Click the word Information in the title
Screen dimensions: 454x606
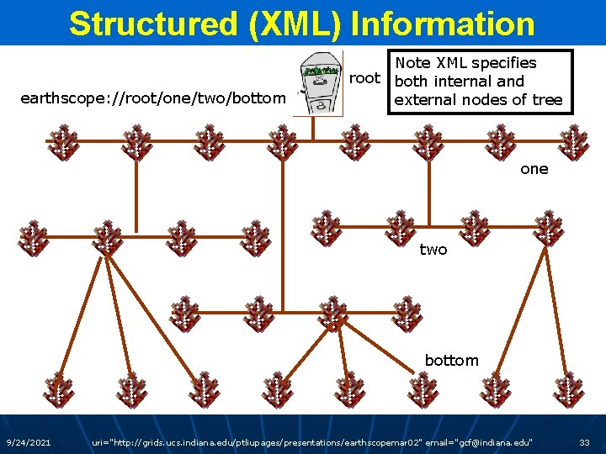(442, 24)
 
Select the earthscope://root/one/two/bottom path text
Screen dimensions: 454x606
(152, 99)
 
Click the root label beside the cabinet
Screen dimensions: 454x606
(365, 79)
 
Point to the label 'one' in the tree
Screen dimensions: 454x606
(534, 169)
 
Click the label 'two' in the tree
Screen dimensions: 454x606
(433, 250)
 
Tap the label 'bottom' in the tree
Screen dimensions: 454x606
(451, 361)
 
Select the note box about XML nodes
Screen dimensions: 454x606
(478, 82)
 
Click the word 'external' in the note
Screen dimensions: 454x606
(426, 100)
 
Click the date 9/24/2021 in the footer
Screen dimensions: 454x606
(28, 442)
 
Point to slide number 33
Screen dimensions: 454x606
(584, 442)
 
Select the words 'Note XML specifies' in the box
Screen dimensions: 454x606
(465, 63)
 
